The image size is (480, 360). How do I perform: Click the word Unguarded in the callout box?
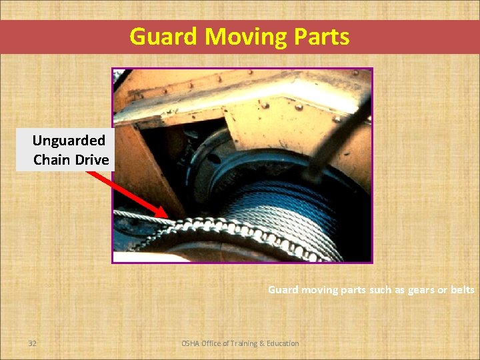(69, 141)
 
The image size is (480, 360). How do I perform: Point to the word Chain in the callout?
(52, 160)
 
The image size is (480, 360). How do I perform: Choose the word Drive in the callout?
(91, 160)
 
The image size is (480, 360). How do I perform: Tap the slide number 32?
(33, 343)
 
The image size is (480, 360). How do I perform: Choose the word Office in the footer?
(214, 343)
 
